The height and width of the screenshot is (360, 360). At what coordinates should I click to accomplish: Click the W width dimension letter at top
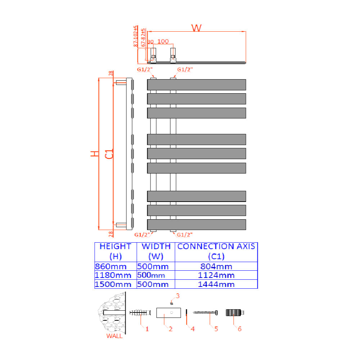coord(196,28)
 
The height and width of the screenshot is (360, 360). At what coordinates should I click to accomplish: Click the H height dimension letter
coord(95,154)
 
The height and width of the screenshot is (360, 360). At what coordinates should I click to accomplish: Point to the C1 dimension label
coord(109,154)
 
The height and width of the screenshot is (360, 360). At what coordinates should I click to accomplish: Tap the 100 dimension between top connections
coord(163,41)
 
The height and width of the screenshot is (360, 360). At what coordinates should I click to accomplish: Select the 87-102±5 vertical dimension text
coord(136,36)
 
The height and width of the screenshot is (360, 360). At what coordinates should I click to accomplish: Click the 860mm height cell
coord(111,266)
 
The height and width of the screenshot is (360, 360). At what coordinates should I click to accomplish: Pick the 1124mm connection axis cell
coord(216,275)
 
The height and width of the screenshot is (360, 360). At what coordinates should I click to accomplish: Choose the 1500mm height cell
coord(113,284)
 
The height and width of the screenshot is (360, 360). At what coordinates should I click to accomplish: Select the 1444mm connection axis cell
coord(216,284)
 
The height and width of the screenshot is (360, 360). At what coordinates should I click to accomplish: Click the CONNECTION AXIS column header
coord(216,251)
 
